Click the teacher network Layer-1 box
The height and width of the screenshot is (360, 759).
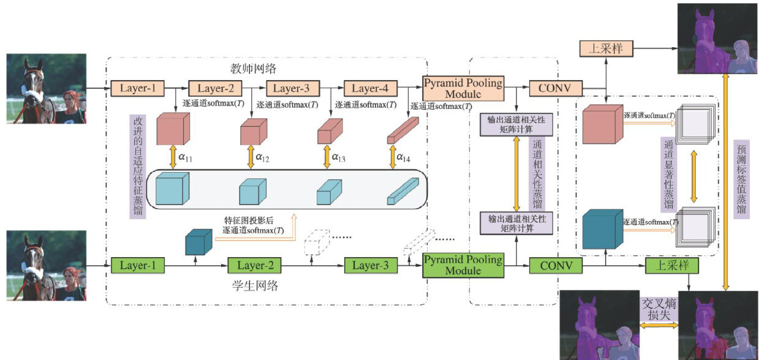coord(138,88)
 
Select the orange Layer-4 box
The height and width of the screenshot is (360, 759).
coord(370,88)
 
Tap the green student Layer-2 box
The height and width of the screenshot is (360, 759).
coord(254,266)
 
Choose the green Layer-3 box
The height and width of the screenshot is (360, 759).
coord(371,266)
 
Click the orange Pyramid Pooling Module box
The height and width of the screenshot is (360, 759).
coord(463,88)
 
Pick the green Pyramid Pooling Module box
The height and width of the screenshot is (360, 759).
coord(463,265)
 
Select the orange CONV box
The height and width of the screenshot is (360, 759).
coord(554,88)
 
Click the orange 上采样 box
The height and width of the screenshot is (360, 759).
coord(605,48)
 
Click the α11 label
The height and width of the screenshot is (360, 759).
coord(186,158)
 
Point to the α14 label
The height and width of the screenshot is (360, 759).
coord(403,158)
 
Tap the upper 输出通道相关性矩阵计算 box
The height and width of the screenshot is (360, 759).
coord(516,124)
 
